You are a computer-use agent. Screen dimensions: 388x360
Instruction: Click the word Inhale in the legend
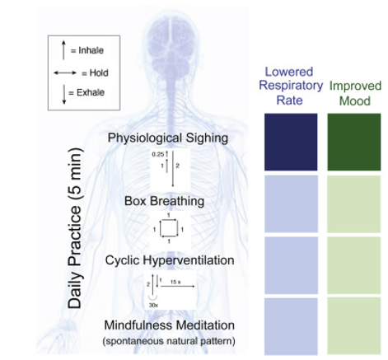click(91, 50)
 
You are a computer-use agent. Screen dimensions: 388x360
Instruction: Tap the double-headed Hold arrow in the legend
click(65, 72)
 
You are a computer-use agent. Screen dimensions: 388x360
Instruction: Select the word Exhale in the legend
click(91, 92)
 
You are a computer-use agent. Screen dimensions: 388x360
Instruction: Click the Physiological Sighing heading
click(168, 138)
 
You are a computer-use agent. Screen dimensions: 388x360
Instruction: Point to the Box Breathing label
click(164, 201)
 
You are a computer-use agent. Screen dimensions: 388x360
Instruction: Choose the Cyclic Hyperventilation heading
click(170, 260)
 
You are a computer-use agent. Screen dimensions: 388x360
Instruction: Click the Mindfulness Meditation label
click(169, 325)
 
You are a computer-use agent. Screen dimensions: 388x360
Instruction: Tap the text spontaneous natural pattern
click(169, 341)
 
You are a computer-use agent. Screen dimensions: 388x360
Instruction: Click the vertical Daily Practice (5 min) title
click(75, 228)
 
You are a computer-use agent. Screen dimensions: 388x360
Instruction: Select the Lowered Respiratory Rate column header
click(290, 86)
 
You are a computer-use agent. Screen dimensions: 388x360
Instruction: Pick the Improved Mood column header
click(355, 93)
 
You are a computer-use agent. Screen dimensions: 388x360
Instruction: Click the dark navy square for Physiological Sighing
click(291, 142)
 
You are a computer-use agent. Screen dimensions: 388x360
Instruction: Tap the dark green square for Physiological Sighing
click(354, 142)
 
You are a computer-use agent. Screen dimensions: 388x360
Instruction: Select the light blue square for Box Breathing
click(291, 203)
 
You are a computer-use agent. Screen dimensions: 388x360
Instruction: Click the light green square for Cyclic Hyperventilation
click(354, 265)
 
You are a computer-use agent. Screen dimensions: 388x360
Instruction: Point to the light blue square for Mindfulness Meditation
click(291, 326)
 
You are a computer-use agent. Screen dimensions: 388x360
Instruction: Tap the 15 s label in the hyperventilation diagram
click(175, 282)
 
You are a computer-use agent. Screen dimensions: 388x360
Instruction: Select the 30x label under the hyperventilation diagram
click(153, 305)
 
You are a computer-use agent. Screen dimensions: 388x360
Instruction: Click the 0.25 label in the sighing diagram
click(158, 155)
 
